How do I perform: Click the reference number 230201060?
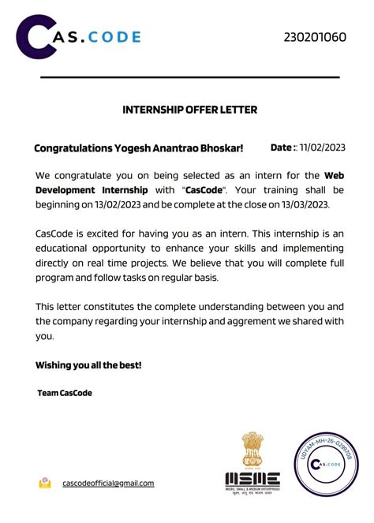pyautogui.click(x=315, y=37)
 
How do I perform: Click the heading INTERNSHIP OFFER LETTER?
pyautogui.click(x=189, y=110)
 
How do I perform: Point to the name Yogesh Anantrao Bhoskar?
pyautogui.click(x=193, y=148)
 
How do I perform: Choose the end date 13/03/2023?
pyautogui.click(x=294, y=204)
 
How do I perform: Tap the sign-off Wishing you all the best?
pyautogui.click(x=88, y=365)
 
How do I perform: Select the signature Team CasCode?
pyautogui.click(x=65, y=392)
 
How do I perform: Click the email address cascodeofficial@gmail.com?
pyautogui.click(x=108, y=483)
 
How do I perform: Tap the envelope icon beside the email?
pyautogui.click(x=46, y=482)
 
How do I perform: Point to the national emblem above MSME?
pyautogui.click(x=252, y=450)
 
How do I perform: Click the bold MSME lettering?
pyautogui.click(x=252, y=478)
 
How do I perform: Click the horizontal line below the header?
pyautogui.click(x=189, y=77)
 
